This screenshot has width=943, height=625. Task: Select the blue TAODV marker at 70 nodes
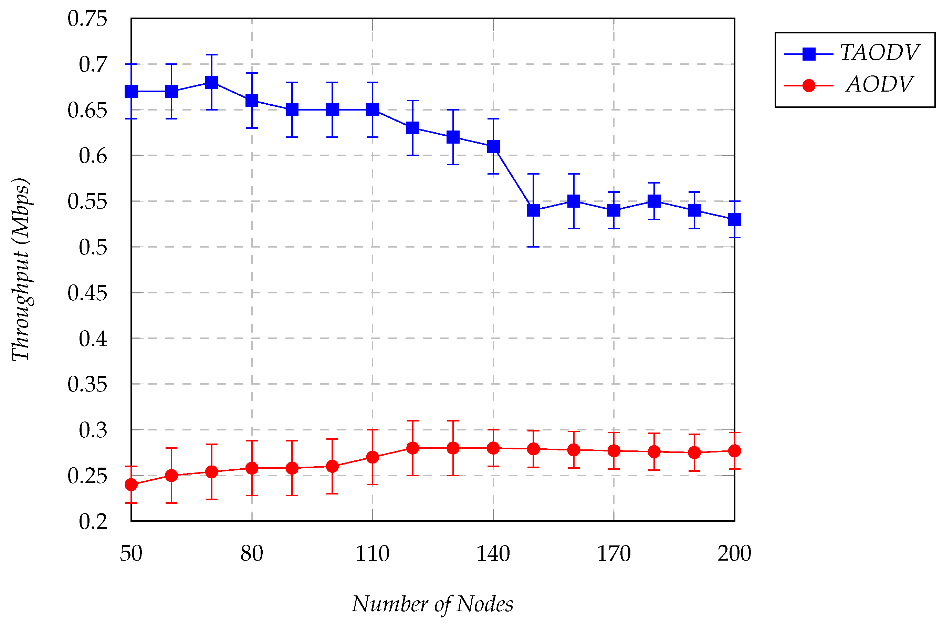pyautogui.click(x=211, y=82)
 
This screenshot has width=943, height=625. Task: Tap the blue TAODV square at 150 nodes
pyautogui.click(x=533, y=210)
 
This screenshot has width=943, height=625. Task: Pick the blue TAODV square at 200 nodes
pyautogui.click(x=734, y=219)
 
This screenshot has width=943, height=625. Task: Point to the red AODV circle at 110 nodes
pyautogui.click(x=373, y=457)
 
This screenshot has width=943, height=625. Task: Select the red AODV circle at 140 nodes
pyautogui.click(x=493, y=448)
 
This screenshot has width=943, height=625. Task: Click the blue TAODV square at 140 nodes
pyautogui.click(x=493, y=146)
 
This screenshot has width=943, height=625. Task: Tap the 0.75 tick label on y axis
pyautogui.click(x=87, y=19)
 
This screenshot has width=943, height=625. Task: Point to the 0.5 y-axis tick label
pyautogui.click(x=93, y=248)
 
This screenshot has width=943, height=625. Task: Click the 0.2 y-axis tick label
pyautogui.click(x=93, y=521)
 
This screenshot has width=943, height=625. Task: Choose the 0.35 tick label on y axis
pyautogui.click(x=87, y=385)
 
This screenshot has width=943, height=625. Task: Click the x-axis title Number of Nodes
pyautogui.click(x=432, y=604)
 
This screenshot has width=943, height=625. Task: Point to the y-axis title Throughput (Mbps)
pyautogui.click(x=21, y=269)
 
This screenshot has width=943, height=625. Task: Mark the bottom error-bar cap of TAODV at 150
pyautogui.click(x=533, y=247)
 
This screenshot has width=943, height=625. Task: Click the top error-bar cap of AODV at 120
pyautogui.click(x=413, y=420)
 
